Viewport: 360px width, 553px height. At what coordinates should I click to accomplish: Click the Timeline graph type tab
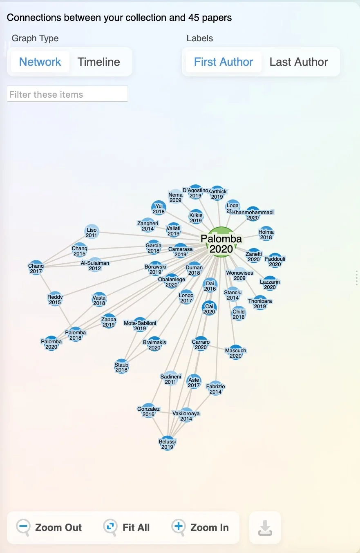coord(98,62)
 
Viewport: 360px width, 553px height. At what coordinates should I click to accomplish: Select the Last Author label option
coord(298,62)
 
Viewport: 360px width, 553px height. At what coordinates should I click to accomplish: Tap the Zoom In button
coord(200,527)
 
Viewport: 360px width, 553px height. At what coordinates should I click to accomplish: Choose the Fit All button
coord(127,527)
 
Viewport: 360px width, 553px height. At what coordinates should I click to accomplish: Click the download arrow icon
coord(265,528)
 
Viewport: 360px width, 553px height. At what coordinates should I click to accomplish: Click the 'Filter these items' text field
coord(67,94)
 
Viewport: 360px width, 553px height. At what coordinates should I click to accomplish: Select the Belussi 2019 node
coord(167,444)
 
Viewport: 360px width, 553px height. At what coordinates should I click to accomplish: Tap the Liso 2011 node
coord(92,232)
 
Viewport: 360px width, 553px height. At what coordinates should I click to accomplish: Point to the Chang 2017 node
coord(36,268)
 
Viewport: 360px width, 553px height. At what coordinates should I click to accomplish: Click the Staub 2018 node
coord(121,367)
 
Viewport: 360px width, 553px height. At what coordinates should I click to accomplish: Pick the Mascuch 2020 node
coord(236,352)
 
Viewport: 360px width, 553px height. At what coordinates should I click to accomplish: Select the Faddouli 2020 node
coord(275,261)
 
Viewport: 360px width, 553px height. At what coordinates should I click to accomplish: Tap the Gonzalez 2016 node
coord(148,411)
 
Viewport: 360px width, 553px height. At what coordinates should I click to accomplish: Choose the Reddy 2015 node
coord(55,299)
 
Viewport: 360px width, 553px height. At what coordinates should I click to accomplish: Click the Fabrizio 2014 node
coord(215,388)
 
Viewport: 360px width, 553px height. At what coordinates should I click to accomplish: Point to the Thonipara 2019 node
coord(260,303)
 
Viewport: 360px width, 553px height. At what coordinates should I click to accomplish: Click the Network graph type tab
coord(40,62)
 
